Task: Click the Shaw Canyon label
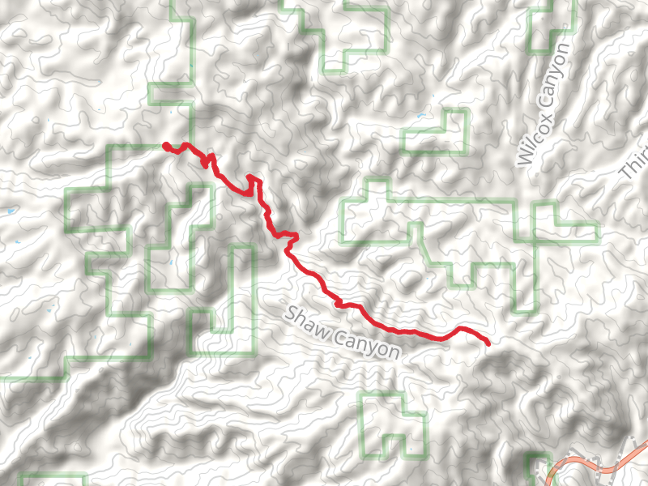pyautogui.click(x=343, y=333)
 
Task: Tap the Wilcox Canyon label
pyautogui.click(x=544, y=105)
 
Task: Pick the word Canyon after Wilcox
pyautogui.click(x=554, y=76)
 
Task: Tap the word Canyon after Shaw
pyautogui.click(x=369, y=345)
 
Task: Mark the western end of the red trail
pyautogui.click(x=166, y=146)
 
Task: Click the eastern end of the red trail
pyautogui.click(x=488, y=344)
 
